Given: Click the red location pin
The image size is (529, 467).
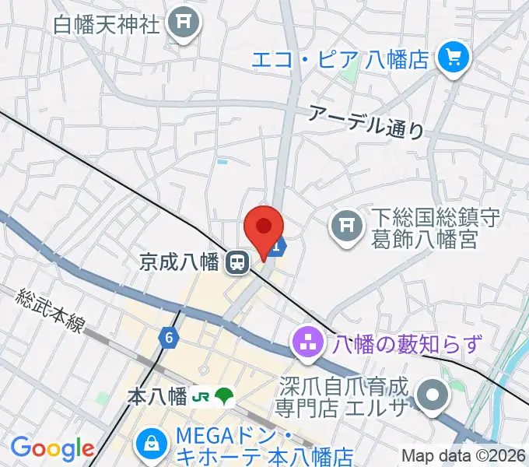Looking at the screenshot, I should pyautogui.click(x=263, y=228).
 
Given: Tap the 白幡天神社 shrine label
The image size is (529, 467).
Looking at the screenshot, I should pyautogui.click(x=107, y=24).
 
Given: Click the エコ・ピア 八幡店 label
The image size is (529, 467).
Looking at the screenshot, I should pyautogui.click(x=341, y=58).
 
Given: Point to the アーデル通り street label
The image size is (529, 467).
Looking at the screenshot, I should pyautogui.click(x=366, y=121).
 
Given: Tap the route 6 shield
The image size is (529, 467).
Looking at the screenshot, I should pyautogui.click(x=168, y=337).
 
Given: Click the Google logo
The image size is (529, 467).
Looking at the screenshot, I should pyautogui.click(x=52, y=448).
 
